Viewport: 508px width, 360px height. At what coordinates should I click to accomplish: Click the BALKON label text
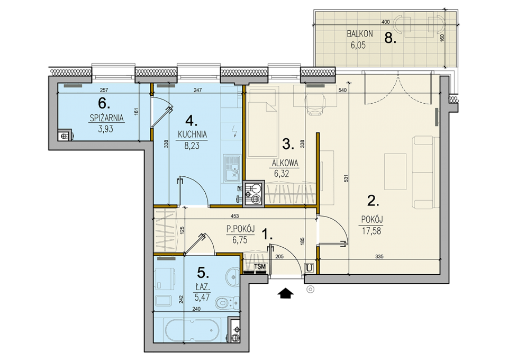(360, 34)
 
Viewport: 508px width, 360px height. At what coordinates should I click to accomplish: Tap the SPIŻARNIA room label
(106, 118)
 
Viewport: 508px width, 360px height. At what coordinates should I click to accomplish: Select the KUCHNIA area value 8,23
(192, 146)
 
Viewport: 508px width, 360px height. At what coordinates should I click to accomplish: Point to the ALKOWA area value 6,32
(282, 174)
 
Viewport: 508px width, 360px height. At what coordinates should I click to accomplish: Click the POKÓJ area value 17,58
(371, 231)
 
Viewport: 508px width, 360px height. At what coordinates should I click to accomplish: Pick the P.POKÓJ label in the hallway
(240, 229)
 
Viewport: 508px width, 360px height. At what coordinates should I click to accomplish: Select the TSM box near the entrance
(260, 266)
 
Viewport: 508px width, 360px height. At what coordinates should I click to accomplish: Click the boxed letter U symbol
(310, 268)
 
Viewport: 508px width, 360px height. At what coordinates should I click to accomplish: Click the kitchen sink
(231, 168)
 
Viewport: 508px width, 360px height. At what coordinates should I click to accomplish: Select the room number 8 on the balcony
(390, 39)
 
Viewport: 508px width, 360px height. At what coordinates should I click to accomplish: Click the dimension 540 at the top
(342, 90)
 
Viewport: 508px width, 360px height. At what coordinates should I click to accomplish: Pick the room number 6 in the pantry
(104, 104)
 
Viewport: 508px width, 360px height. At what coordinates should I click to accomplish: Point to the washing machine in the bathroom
(165, 280)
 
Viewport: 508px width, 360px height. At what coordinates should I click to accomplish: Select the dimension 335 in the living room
(379, 257)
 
